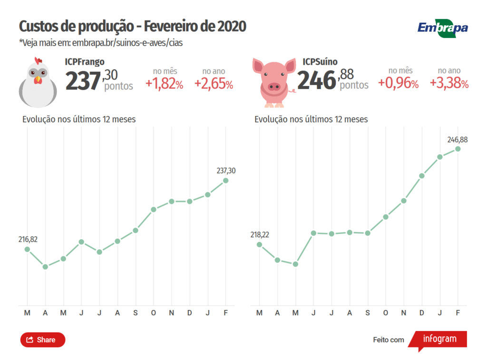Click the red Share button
(x=42, y=340)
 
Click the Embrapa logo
(x=442, y=28)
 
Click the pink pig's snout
(x=273, y=87)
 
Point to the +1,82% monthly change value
(x=164, y=84)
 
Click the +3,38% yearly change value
(x=449, y=84)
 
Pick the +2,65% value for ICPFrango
(x=214, y=84)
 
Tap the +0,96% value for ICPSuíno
(x=398, y=84)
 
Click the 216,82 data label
(x=28, y=239)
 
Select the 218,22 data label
(x=260, y=234)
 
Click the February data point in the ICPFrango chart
(x=226, y=180)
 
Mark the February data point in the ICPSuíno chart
(x=458, y=149)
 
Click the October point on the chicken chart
(x=154, y=209)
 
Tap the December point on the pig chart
(x=422, y=176)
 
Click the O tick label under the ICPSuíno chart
(x=386, y=312)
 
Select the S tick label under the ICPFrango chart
(x=136, y=312)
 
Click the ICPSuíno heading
(x=320, y=62)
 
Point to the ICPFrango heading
(x=85, y=62)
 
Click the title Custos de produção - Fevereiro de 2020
(x=132, y=26)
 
